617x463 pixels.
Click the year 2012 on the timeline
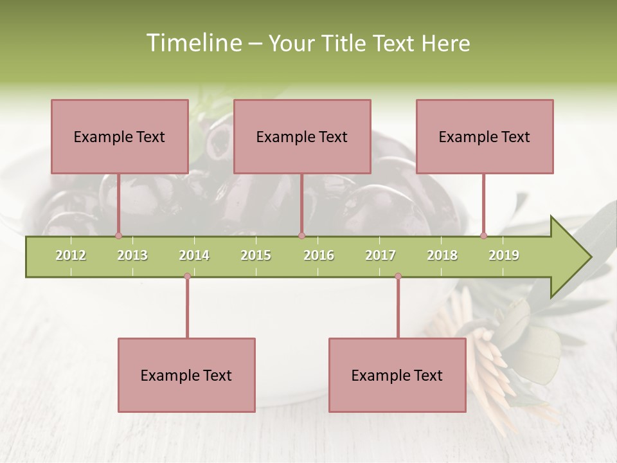point(71,255)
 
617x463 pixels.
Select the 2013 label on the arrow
point(132,255)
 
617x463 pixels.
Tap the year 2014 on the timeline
point(194,255)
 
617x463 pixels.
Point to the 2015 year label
point(256,255)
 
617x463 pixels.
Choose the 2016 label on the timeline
point(319,255)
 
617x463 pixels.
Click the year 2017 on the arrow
point(380,255)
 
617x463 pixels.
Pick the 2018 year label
point(442,255)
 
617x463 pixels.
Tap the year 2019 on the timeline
point(504,255)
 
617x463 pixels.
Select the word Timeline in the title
point(193,43)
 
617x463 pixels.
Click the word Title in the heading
point(344,43)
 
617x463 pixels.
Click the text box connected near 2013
point(120,136)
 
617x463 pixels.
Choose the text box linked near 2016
point(302,136)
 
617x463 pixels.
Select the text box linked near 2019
point(485,136)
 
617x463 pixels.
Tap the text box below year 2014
point(186,375)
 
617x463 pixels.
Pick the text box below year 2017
point(397,375)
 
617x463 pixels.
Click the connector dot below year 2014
point(187,277)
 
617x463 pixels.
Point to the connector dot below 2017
point(398,277)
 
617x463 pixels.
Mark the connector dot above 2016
point(301,235)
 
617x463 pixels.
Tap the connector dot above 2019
point(484,235)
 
